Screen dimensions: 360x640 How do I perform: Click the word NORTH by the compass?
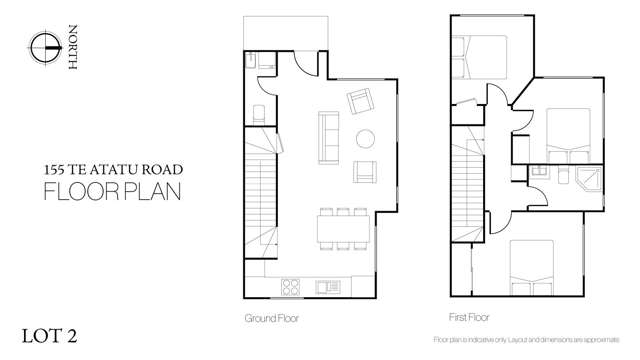[71, 46]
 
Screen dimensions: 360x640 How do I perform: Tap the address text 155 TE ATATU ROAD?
[111, 170]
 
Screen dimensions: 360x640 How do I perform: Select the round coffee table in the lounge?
[366, 138]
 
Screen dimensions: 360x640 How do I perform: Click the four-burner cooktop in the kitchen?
[291, 286]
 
